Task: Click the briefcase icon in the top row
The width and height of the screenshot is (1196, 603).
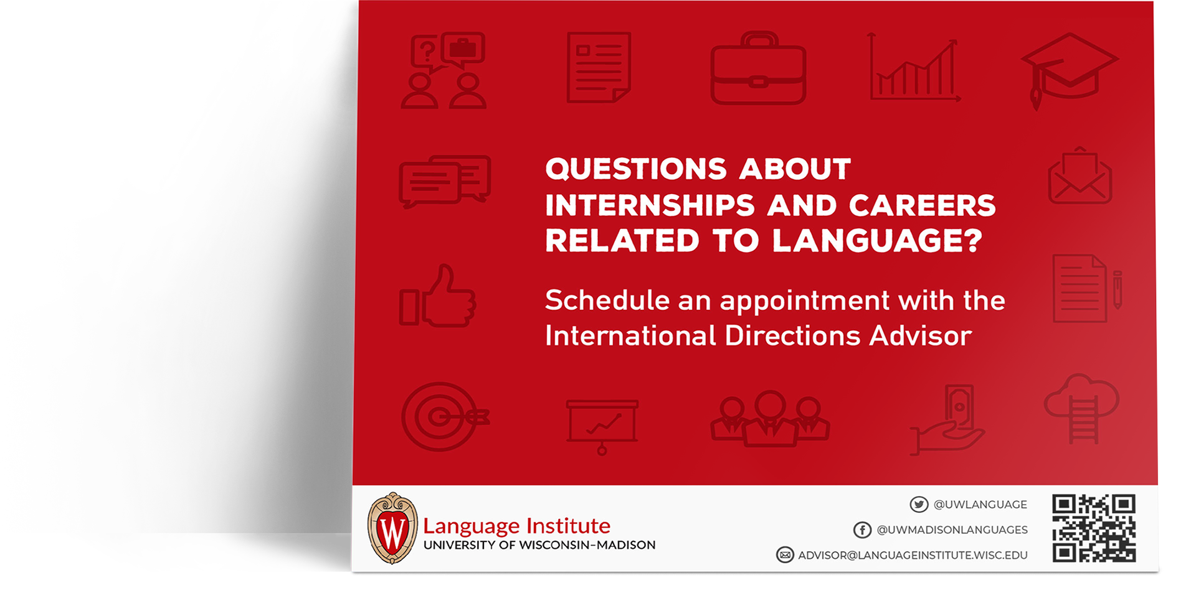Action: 758,68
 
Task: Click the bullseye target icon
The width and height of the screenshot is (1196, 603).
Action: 444,416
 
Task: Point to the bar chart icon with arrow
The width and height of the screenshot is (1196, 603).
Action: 914,67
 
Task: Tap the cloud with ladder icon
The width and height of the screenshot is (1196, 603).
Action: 1081,408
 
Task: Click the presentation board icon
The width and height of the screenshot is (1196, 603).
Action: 602,427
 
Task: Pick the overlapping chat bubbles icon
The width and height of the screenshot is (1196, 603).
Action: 445,181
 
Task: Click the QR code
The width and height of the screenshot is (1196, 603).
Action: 1094,528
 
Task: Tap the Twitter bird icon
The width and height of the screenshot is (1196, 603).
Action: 919,504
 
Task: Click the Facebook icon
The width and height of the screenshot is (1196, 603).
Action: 862,530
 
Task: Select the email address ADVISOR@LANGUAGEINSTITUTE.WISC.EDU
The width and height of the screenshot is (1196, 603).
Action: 913,555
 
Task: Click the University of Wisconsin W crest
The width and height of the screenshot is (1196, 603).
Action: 392,528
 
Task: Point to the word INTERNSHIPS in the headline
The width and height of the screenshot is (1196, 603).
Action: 650,205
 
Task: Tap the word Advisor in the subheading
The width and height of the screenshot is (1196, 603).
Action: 920,336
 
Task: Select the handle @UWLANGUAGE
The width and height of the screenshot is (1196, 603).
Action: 980,505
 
